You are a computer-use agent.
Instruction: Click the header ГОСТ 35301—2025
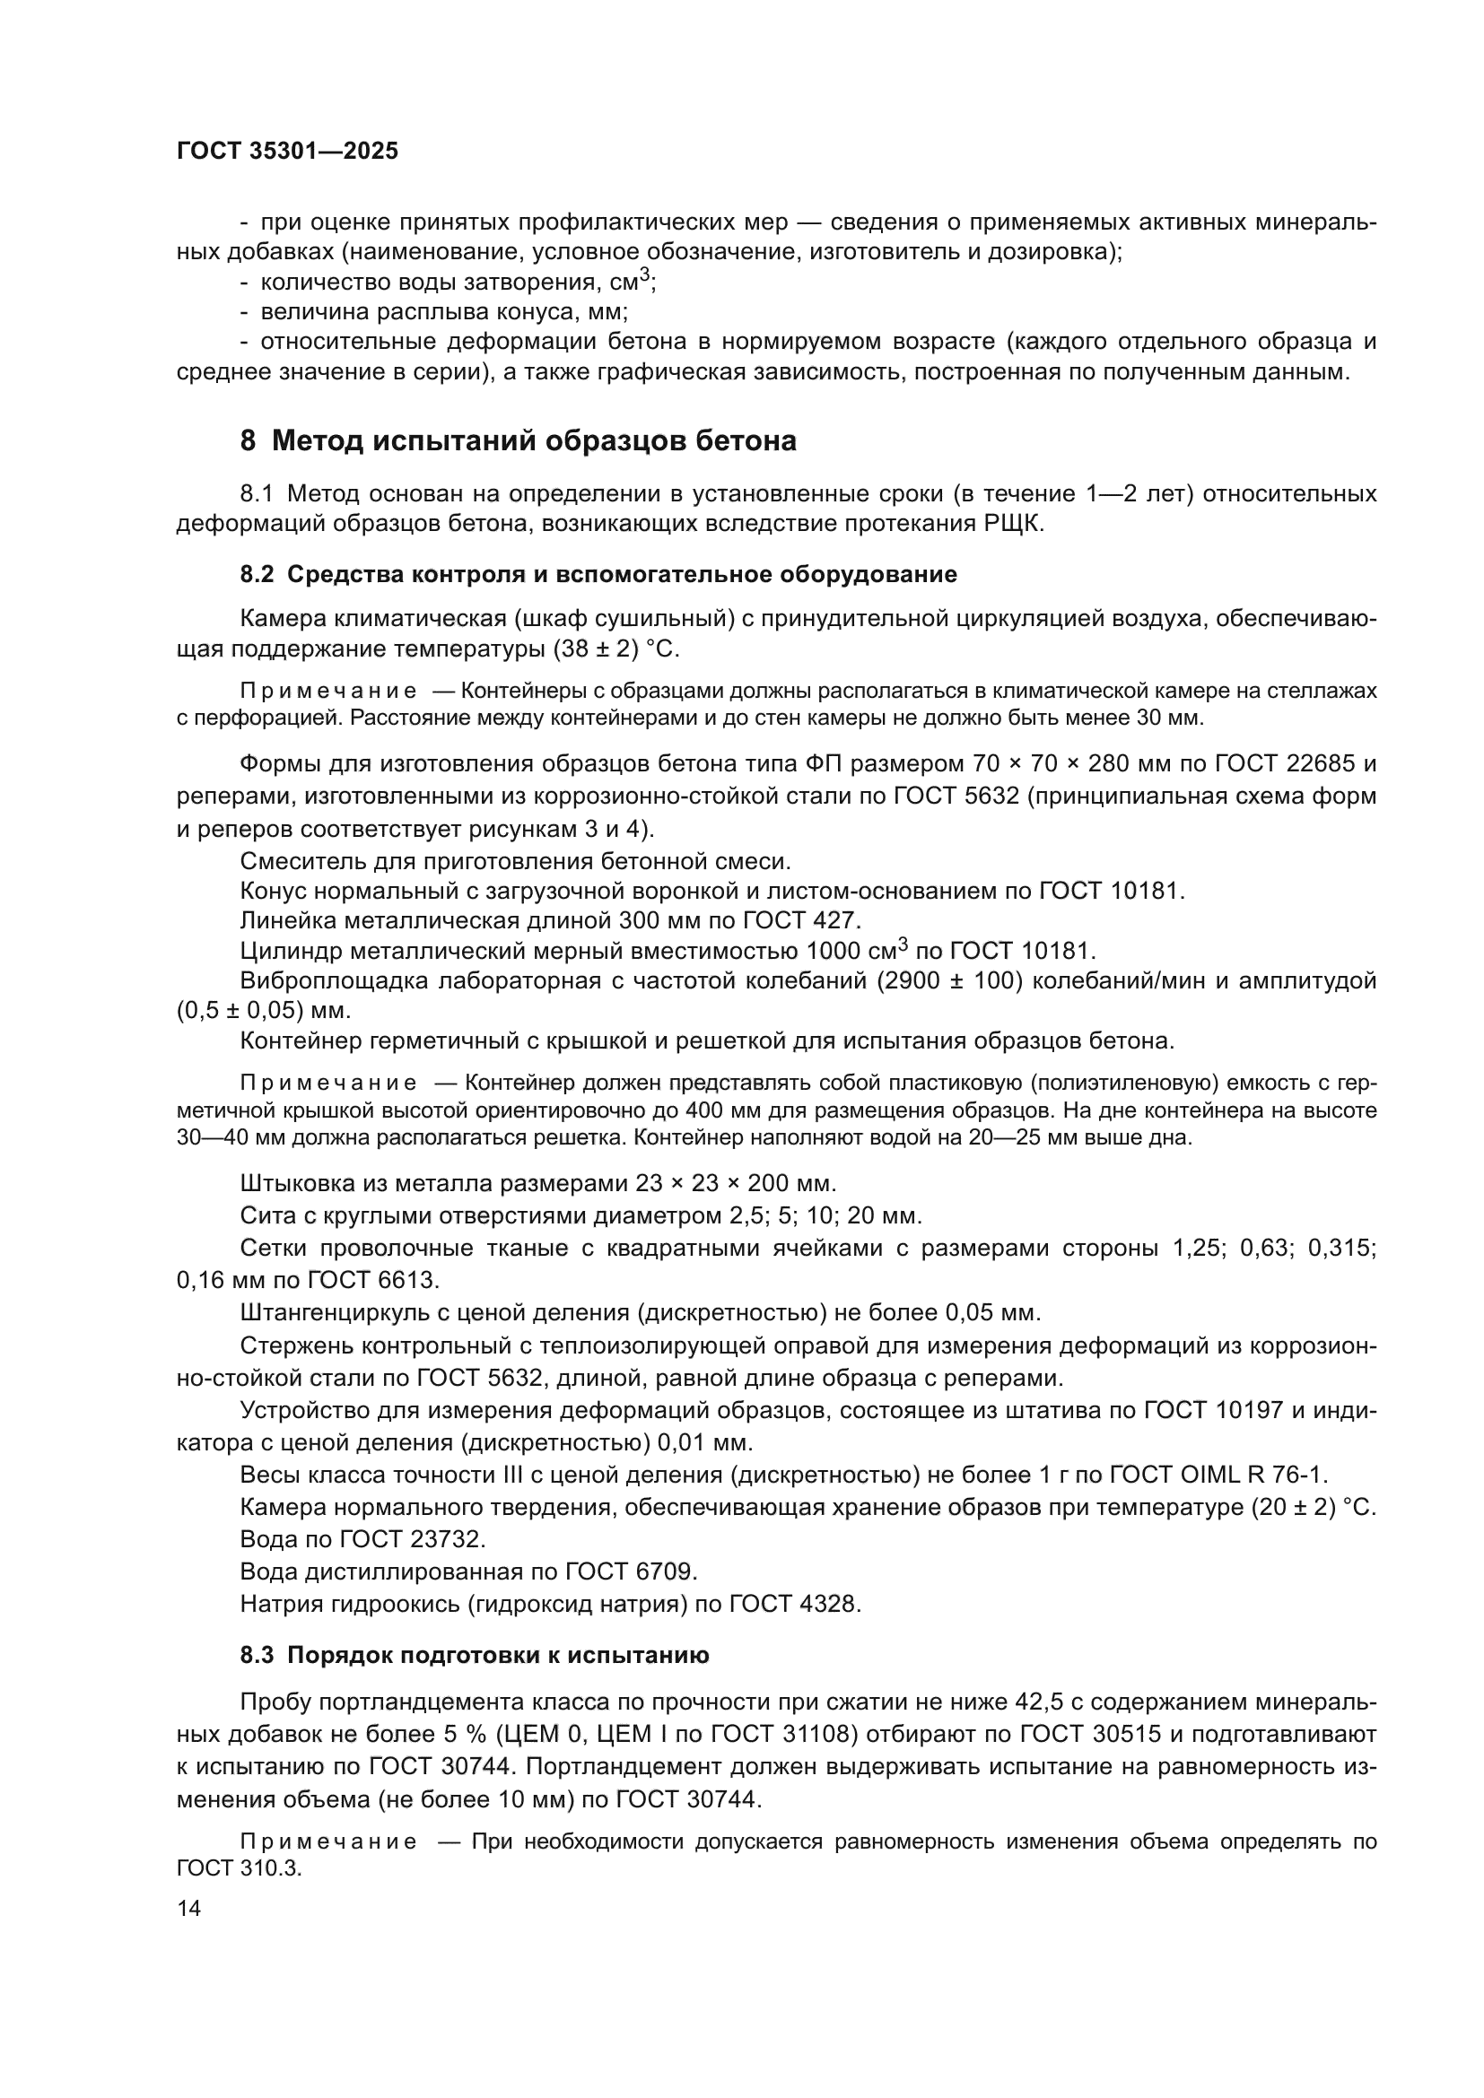[x=287, y=152]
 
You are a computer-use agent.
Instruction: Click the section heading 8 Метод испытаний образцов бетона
[x=518, y=441]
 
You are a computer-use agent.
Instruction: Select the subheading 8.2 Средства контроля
[x=598, y=575]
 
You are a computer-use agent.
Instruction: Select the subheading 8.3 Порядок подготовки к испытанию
[x=475, y=1655]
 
